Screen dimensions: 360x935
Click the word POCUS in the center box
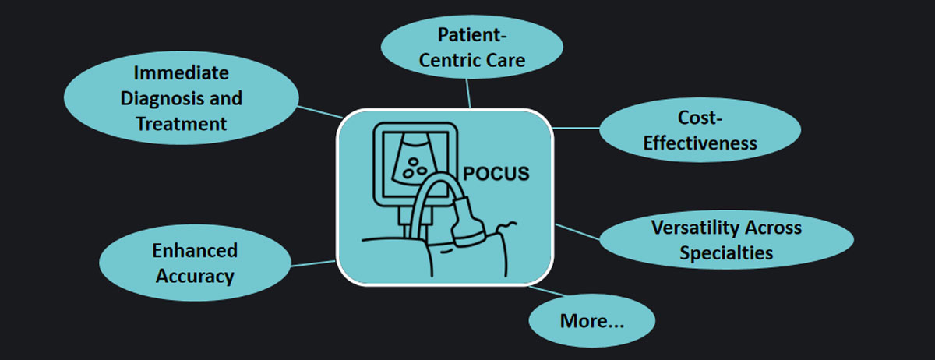pos(496,173)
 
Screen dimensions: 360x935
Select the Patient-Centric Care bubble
pos(471,47)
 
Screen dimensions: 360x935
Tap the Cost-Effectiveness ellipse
pos(699,130)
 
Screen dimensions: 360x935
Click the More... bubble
pos(592,320)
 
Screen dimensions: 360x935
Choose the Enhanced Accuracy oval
pos(195,263)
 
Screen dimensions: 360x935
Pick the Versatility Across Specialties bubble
pos(725,241)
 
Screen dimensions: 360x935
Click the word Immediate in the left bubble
pos(181,73)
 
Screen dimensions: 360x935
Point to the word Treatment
pos(181,123)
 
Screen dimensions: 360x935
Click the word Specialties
pos(725,252)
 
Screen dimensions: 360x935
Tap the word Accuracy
pos(195,276)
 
